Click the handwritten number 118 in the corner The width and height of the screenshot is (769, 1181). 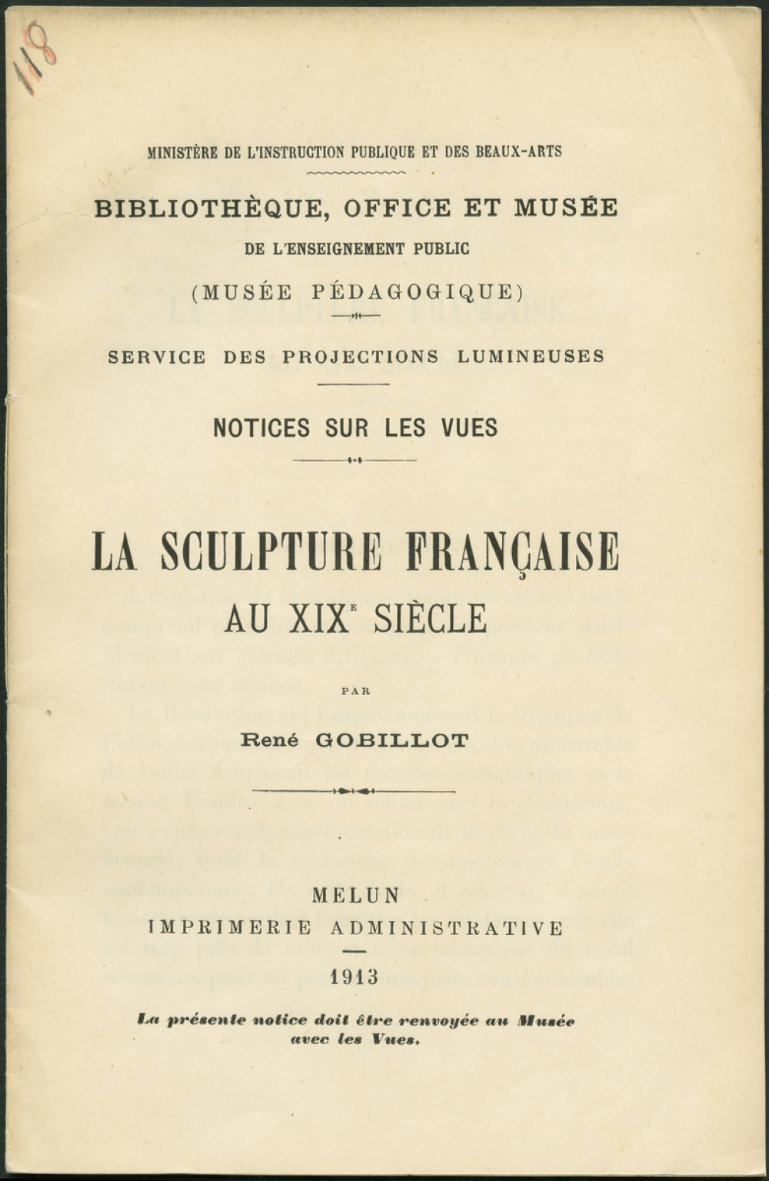point(35,58)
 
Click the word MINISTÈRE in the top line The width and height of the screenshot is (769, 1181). point(181,151)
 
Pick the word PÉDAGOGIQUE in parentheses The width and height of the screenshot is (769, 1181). point(412,292)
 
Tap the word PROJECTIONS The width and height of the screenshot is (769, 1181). point(361,358)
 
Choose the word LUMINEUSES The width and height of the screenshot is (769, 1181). point(531,358)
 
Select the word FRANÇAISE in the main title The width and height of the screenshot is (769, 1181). point(512,551)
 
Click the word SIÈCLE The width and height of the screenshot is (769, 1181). point(430,617)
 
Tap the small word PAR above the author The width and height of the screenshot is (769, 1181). point(355,690)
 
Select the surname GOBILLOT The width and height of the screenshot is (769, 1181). point(392,741)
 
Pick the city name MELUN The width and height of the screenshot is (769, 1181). point(356,896)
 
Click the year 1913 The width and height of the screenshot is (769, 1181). point(355,977)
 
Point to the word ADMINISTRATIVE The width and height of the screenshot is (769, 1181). point(447,929)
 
